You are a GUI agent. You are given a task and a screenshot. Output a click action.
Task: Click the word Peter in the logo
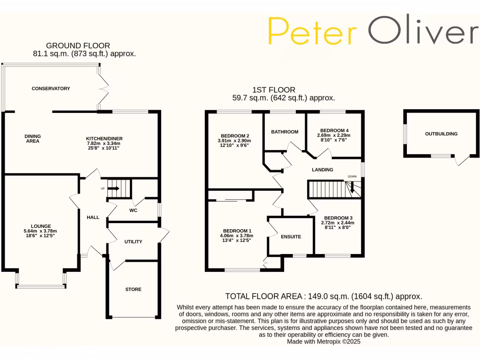coord(312,31)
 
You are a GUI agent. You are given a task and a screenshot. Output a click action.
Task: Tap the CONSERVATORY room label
coord(51,89)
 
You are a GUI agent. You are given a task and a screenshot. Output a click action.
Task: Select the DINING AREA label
coord(32,139)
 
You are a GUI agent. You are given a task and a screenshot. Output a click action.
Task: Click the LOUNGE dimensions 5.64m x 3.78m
coord(40,231)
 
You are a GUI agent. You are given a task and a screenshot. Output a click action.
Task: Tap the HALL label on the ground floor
coord(93,217)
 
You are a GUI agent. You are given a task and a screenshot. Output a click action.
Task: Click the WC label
coord(133,210)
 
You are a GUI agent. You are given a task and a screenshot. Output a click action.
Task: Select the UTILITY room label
coord(133,242)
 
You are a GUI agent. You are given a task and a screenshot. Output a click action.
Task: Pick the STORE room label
coord(133,290)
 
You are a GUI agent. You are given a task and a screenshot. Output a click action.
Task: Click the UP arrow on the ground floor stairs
coord(114,189)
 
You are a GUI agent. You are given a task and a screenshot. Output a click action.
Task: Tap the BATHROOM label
coord(285,132)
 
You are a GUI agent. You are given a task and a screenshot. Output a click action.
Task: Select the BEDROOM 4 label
coord(334,130)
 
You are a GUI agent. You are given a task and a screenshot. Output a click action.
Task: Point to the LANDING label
coord(322,170)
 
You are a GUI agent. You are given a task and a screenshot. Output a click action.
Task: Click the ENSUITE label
coord(291,237)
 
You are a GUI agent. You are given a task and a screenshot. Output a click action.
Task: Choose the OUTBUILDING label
coord(441,134)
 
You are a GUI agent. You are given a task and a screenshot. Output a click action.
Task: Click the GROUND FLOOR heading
coord(78,46)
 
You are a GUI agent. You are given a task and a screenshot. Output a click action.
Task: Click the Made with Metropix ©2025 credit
coord(323,342)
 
